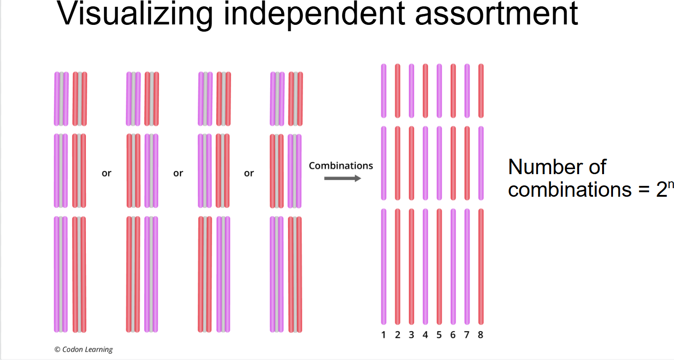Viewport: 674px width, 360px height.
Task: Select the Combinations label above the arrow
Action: (341, 166)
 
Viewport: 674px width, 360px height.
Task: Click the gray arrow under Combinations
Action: (343, 178)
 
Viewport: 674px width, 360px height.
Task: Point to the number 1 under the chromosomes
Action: (383, 335)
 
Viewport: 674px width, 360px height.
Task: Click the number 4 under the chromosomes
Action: (425, 335)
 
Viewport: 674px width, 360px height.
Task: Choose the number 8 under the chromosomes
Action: (481, 335)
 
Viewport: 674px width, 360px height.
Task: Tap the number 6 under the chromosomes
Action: (453, 335)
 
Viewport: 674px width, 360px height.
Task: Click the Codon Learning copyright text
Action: (84, 349)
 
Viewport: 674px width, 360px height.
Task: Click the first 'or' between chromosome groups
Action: (106, 173)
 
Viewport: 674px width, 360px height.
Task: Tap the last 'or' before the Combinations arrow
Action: (249, 173)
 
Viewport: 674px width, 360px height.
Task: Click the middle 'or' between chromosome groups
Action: (178, 173)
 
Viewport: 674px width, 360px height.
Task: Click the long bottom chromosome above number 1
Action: (383, 266)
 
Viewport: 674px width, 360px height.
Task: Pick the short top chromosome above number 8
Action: (481, 90)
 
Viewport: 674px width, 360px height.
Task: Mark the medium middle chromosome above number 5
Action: (439, 163)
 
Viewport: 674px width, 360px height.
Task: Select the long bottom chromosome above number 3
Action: (411, 266)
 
